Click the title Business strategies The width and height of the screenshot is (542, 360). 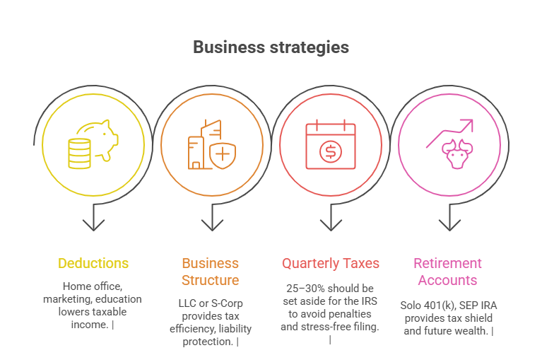click(271, 47)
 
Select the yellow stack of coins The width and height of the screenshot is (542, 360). click(79, 153)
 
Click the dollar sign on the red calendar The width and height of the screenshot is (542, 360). click(329, 151)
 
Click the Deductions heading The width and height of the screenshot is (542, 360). click(93, 263)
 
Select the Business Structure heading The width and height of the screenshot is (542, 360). click(211, 272)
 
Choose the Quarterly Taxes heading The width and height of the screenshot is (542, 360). click(331, 263)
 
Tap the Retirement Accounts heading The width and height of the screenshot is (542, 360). click(448, 272)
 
